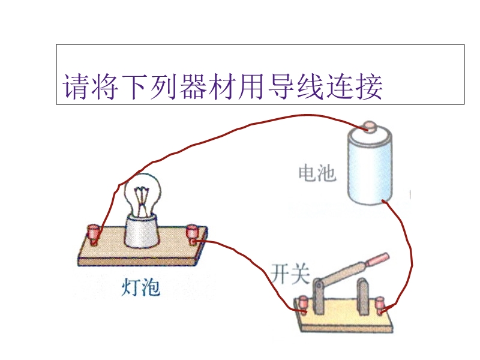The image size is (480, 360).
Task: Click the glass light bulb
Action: (141, 192)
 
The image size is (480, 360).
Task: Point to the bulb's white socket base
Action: (142, 231)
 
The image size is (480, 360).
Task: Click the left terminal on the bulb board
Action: (94, 233)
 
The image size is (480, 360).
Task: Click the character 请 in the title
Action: (76, 88)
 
